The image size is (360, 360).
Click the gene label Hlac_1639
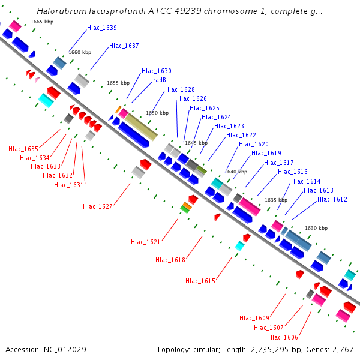click(x=102, y=28)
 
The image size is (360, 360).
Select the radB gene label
click(x=160, y=80)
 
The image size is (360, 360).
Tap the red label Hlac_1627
click(x=98, y=206)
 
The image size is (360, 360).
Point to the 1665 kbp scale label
click(x=42, y=22)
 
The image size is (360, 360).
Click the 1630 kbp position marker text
click(x=316, y=228)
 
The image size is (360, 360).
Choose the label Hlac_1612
click(x=332, y=199)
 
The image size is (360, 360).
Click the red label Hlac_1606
click(x=283, y=337)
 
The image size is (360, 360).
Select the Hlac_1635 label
click(x=23, y=149)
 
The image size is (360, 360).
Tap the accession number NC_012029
click(x=65, y=350)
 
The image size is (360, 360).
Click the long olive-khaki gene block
click(x=141, y=127)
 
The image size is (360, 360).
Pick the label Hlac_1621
click(x=146, y=242)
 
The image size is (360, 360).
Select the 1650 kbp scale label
click(x=157, y=113)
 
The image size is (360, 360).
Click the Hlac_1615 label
click(x=200, y=281)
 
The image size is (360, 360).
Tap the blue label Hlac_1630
click(x=157, y=71)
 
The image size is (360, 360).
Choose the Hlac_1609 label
click(x=254, y=318)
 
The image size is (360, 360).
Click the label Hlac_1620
click(x=254, y=144)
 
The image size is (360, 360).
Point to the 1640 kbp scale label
click(x=236, y=172)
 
